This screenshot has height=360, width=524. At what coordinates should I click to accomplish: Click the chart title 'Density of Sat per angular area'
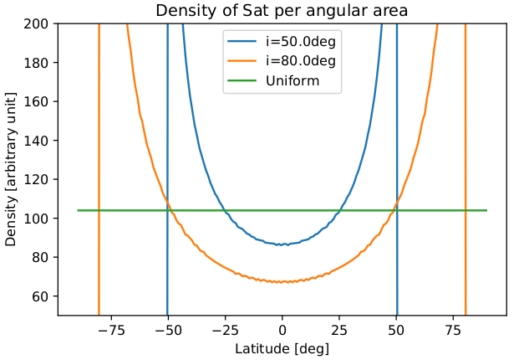pyautogui.click(x=282, y=11)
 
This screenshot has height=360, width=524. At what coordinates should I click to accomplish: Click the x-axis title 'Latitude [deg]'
pyautogui.click(x=282, y=347)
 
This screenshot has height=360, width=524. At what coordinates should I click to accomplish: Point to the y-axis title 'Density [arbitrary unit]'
pyautogui.click(x=11, y=169)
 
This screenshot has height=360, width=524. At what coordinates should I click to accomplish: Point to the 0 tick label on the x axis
pyautogui.click(x=282, y=328)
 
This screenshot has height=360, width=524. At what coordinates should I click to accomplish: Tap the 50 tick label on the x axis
pyautogui.click(x=397, y=328)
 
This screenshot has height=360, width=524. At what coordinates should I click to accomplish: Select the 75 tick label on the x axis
pyautogui.click(x=454, y=328)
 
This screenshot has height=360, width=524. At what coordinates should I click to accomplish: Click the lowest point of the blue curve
pyautogui.click(x=282, y=244)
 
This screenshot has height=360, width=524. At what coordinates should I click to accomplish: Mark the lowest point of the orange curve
pyautogui.click(x=282, y=282)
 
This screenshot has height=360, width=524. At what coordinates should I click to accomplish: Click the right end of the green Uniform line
pyautogui.click(x=486, y=210)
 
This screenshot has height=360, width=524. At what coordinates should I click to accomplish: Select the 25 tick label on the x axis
pyautogui.click(x=340, y=328)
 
